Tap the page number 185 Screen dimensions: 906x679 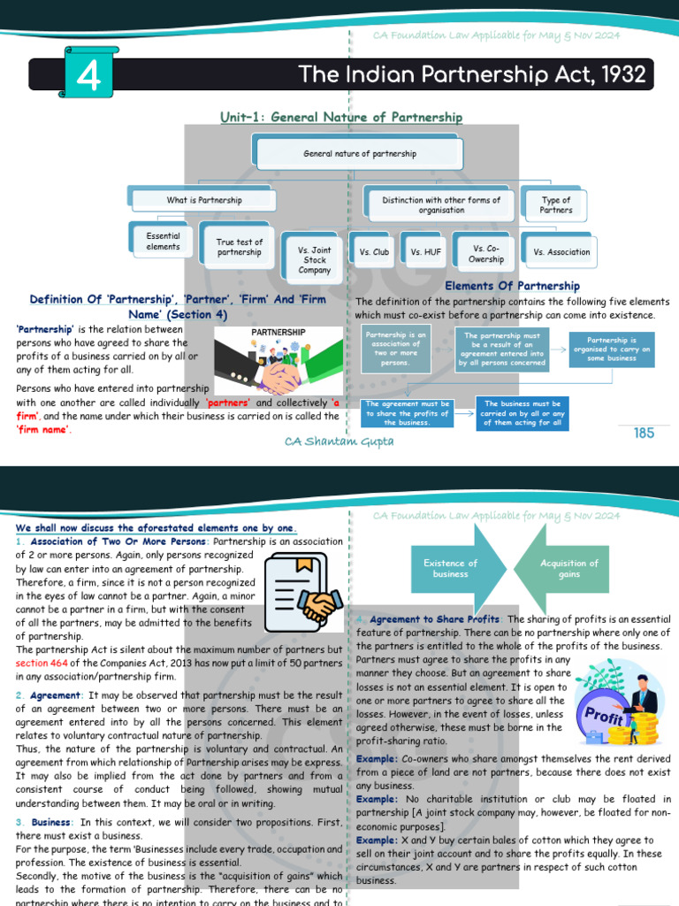[x=644, y=433]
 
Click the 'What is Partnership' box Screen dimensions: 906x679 [x=204, y=200]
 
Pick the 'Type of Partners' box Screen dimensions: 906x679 [x=555, y=205]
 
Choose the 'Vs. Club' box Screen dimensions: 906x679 [x=374, y=251]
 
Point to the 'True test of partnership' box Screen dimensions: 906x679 [x=239, y=247]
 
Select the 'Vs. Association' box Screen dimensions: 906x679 [x=561, y=251]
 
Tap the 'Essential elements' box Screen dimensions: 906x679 [x=164, y=242]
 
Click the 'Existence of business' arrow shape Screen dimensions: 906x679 [x=451, y=569]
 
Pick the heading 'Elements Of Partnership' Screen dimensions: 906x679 [x=512, y=286]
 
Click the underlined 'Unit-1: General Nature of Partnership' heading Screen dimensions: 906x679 [x=341, y=117]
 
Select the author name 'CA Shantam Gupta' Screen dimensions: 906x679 [x=340, y=441]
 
